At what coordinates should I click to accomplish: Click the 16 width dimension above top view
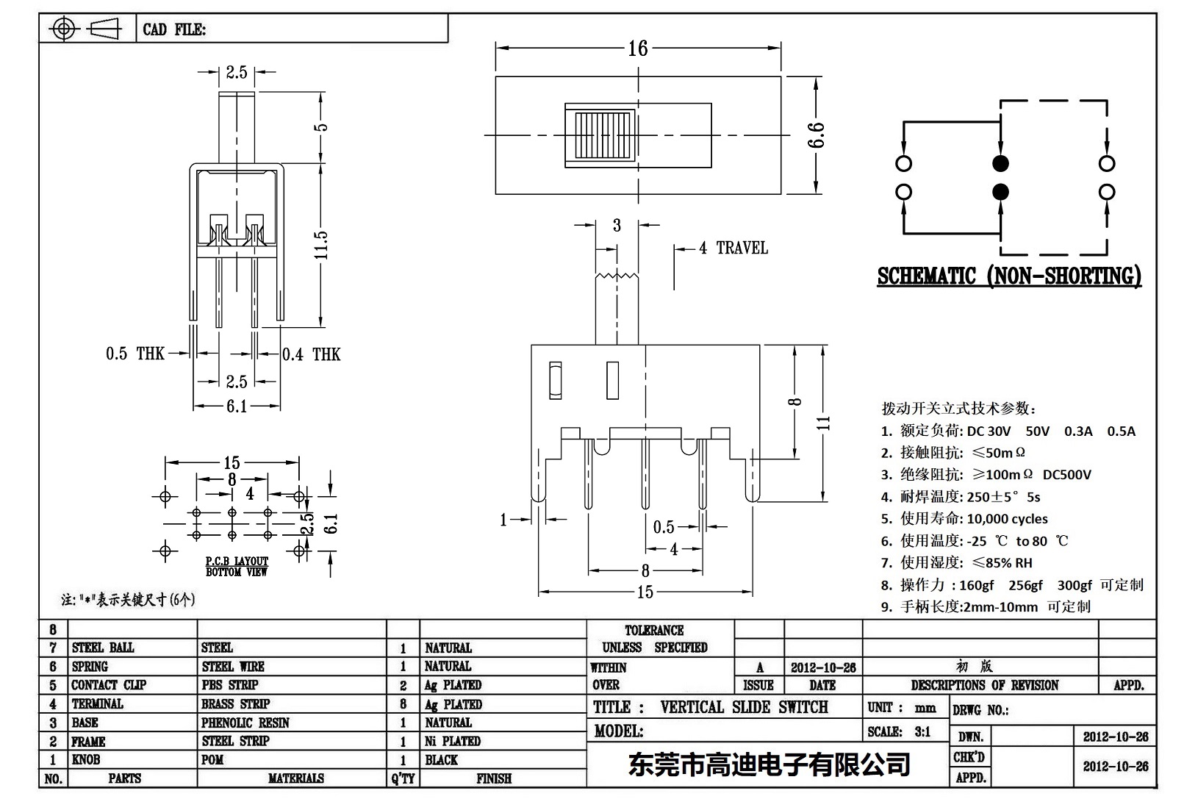pyautogui.click(x=637, y=49)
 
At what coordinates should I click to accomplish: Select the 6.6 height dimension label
pyautogui.click(x=817, y=135)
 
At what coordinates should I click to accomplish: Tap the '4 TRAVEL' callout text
pyautogui.click(x=733, y=248)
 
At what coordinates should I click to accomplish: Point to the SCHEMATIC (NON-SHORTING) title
pyautogui.click(x=1009, y=276)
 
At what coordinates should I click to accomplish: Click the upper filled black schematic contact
pyautogui.click(x=1000, y=163)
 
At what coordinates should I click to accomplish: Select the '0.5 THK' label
pyautogui.click(x=135, y=354)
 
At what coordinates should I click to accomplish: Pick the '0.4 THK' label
pyautogui.click(x=312, y=355)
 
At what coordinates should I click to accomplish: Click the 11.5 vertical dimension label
pyautogui.click(x=320, y=245)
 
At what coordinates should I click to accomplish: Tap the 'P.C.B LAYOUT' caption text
pyautogui.click(x=237, y=561)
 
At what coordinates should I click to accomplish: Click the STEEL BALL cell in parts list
pyautogui.click(x=103, y=648)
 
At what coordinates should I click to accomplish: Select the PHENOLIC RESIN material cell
pyautogui.click(x=245, y=723)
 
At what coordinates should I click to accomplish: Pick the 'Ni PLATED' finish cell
pyautogui.click(x=452, y=741)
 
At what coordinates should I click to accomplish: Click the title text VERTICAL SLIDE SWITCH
pyautogui.click(x=744, y=707)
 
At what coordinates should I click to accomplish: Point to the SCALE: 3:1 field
pyautogui.click(x=898, y=731)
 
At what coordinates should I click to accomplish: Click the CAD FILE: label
pyautogui.click(x=174, y=29)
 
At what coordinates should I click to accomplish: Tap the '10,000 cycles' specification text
pyautogui.click(x=1007, y=519)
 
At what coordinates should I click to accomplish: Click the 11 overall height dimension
pyautogui.click(x=825, y=423)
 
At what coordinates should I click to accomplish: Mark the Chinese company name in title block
pyautogui.click(x=769, y=765)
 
